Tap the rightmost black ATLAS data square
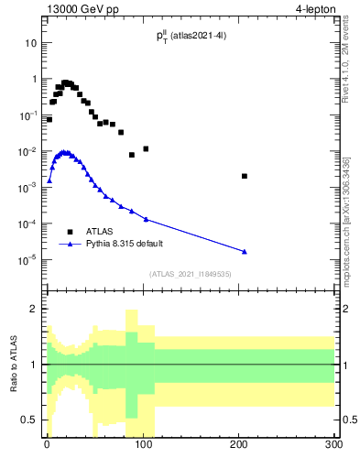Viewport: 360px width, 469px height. (245, 176)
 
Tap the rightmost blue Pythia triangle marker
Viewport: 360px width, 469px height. (245, 251)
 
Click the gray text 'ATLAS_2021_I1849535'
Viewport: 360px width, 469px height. (191, 274)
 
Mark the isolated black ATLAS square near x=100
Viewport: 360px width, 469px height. (146, 148)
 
